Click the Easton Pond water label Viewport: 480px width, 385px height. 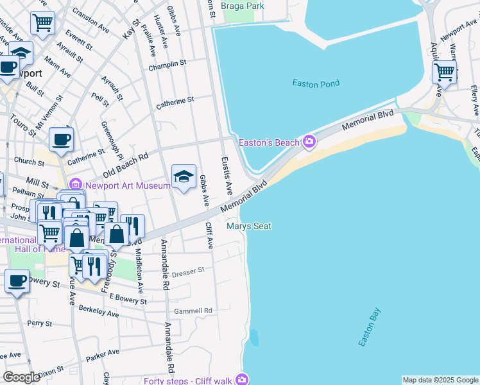[316, 83]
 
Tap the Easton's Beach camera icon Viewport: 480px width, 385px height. [309, 141]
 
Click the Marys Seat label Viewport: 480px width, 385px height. [249, 226]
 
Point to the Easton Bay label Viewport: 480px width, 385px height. [370, 328]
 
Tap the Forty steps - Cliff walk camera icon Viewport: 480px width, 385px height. [242, 380]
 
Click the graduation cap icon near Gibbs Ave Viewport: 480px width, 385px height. [184, 176]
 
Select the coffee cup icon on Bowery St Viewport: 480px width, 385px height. [17, 280]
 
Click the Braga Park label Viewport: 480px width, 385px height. [242, 6]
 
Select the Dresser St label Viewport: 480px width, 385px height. [187, 271]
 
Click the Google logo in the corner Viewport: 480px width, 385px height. [21, 377]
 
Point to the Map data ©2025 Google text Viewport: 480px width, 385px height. [440, 380]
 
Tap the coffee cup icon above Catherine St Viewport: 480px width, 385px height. [62, 139]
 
